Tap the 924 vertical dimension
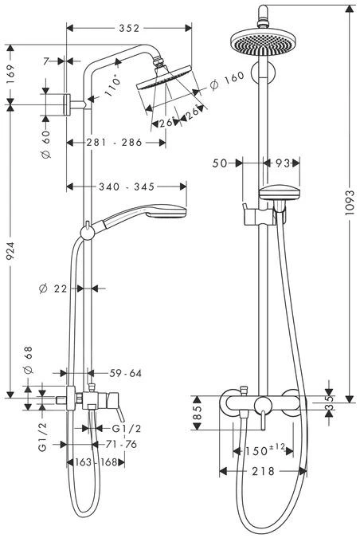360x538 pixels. click(10, 253)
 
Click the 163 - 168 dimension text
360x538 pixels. click(96, 462)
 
